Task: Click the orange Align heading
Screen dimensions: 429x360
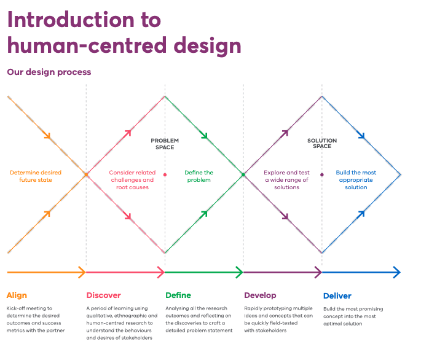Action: tap(17, 295)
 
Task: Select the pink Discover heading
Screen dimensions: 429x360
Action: tap(103, 295)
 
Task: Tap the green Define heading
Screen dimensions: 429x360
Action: tap(178, 295)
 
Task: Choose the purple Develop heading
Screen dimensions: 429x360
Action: tap(260, 295)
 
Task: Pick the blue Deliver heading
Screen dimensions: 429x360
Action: tap(337, 295)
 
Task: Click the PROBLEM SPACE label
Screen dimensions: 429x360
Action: tap(165, 144)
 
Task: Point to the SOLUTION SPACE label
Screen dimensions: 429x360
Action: tap(322, 143)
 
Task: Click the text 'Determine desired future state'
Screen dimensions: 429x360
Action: tap(36, 176)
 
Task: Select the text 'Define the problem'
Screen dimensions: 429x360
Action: tap(199, 176)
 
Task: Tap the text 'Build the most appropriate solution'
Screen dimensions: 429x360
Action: tap(356, 180)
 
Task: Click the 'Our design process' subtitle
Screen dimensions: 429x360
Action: tap(49, 72)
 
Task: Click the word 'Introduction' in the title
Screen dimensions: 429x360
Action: tap(71, 20)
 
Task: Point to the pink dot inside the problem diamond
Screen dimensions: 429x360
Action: tap(165, 175)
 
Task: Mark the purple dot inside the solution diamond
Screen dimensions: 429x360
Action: tap(322, 175)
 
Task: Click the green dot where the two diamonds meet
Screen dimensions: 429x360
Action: tap(243, 175)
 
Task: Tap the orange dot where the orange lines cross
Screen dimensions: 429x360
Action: tap(86, 175)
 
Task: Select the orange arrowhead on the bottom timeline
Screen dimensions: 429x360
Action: tap(83, 272)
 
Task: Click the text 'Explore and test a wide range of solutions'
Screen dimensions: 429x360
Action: tap(286, 180)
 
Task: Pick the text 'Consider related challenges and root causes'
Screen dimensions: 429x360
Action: tap(132, 180)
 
